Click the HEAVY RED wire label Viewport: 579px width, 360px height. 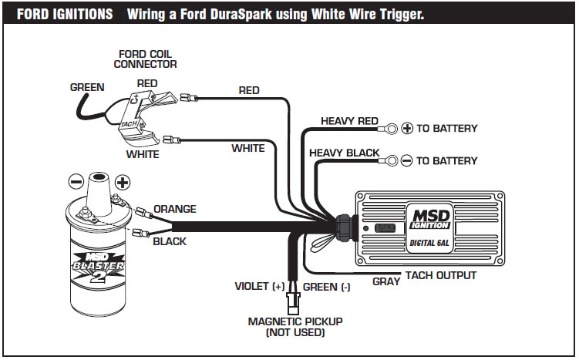tap(349, 121)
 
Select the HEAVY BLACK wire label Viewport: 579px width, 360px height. tap(344, 153)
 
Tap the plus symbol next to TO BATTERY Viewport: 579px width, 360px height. tap(408, 128)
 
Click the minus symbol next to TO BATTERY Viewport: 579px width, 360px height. tap(408, 160)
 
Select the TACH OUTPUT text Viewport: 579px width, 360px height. tap(443, 275)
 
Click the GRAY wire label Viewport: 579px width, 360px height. tap(386, 281)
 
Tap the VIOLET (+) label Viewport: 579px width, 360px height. tap(260, 287)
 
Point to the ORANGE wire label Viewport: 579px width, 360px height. tap(175, 209)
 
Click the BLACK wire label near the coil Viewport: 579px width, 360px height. tap(170, 241)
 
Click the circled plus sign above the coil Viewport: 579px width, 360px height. tap(122, 183)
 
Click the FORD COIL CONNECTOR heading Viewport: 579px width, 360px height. tap(146, 59)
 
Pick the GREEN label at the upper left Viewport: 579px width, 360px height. tap(87, 87)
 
